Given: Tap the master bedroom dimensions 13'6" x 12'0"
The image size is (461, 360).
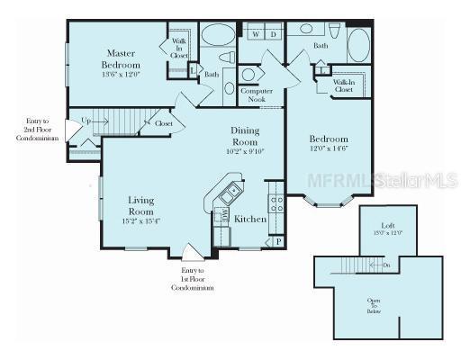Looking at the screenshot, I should pos(120,75).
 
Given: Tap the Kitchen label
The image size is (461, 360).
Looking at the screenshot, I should pos(249,219).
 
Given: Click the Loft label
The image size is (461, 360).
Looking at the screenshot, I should pos(386,225).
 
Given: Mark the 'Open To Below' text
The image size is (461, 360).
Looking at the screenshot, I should pos(374,305).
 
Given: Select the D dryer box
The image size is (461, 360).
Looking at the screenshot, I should pos(274,35).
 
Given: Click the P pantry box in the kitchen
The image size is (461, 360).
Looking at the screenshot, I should pos(278,241).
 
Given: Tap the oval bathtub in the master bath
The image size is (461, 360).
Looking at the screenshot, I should pos(216,36).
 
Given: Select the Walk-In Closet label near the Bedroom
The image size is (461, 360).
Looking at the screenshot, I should pos(342,85).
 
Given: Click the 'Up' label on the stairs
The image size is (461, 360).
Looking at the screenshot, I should pos(86,120).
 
